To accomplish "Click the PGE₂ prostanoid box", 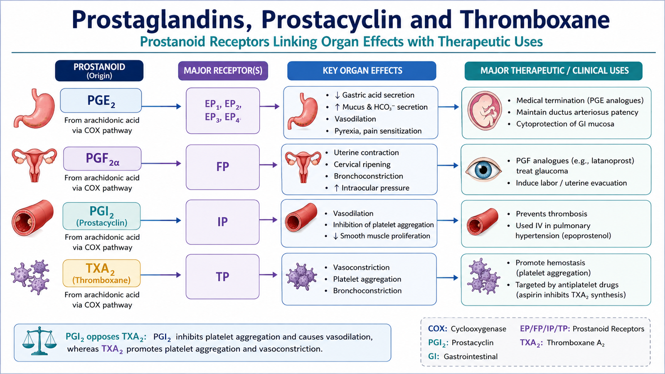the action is click(x=101, y=100).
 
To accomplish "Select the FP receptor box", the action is click(x=223, y=167).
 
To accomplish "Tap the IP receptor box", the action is click(x=223, y=222).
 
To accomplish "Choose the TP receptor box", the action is click(x=223, y=276).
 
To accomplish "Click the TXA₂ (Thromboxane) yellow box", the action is click(x=101, y=273).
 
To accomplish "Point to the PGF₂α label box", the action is click(x=102, y=158).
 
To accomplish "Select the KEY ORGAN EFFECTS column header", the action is click(x=362, y=71).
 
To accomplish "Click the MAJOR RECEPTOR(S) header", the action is click(x=223, y=71).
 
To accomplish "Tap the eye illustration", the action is click(x=483, y=170).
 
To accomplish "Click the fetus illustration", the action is click(x=485, y=111).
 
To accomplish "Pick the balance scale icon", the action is click(x=39, y=341).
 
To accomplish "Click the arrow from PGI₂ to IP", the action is click(x=160, y=220).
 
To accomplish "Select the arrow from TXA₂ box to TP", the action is click(x=160, y=275).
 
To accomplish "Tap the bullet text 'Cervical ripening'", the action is click(x=362, y=165).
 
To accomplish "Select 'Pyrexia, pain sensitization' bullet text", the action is click(x=378, y=131).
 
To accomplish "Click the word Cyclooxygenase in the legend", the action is click(x=478, y=329).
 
